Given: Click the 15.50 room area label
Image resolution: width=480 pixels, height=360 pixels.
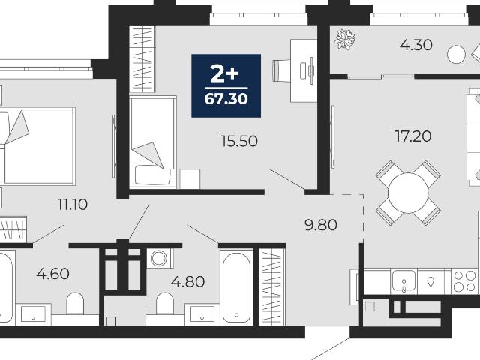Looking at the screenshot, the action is (x=239, y=142).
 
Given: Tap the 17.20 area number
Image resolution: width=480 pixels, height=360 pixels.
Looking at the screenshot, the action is (x=413, y=136).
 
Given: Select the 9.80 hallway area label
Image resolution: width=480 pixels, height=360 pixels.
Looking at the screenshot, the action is (x=321, y=225).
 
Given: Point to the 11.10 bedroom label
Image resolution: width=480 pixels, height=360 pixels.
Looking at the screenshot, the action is (x=73, y=205).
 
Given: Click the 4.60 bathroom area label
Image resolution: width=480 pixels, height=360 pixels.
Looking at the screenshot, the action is (x=52, y=274).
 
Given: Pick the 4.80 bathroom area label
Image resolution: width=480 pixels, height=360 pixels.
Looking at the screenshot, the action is (x=187, y=282).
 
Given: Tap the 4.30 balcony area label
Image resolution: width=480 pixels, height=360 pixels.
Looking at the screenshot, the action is (x=416, y=45).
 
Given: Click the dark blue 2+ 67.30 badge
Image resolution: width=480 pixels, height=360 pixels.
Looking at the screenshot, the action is (x=226, y=85).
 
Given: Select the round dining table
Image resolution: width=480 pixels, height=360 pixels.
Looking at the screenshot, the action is (x=408, y=193).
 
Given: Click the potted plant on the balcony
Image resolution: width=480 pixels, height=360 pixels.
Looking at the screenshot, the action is (x=345, y=39).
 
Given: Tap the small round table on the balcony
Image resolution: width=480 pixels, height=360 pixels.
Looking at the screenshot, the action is (x=456, y=55).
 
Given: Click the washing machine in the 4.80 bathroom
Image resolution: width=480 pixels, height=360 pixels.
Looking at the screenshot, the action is (x=160, y=258).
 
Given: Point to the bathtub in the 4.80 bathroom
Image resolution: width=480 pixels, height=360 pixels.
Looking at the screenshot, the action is (x=237, y=287).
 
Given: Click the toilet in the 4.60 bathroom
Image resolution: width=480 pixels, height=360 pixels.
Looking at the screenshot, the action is (x=75, y=303).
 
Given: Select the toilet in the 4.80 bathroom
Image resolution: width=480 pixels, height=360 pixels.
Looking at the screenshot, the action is (x=165, y=303).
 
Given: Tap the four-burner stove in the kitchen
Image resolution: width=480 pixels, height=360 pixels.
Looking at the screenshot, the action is (x=464, y=281).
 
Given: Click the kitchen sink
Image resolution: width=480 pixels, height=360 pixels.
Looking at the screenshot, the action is (x=404, y=280).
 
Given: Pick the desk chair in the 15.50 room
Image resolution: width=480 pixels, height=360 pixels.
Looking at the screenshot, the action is (x=280, y=70).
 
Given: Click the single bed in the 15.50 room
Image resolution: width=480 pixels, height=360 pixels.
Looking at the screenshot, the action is (x=153, y=142).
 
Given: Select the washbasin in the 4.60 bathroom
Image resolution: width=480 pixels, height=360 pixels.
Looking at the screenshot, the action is (x=33, y=314).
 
